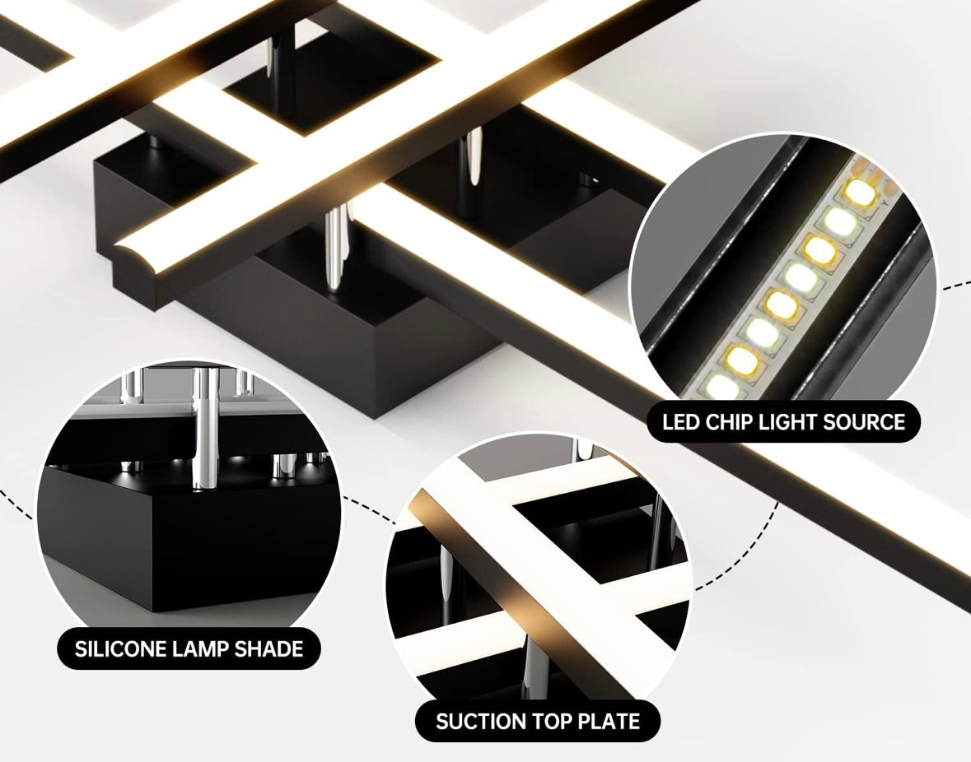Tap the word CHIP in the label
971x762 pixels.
(726, 422)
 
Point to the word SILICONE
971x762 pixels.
(120, 648)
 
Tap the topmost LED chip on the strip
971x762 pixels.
(859, 193)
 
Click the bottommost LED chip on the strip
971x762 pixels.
(721, 384)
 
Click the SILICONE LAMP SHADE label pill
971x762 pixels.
(189, 648)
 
